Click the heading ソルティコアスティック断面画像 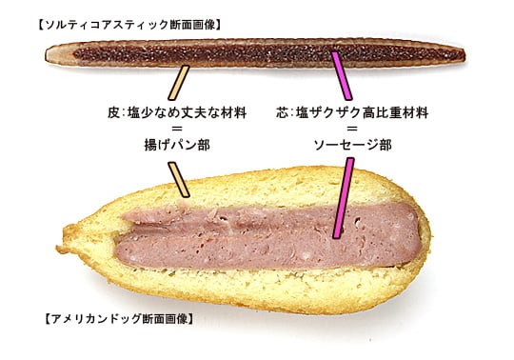coord(129,25)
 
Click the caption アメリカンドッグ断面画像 coord(119,319)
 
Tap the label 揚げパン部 coord(177,145)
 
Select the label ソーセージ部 coord(353,145)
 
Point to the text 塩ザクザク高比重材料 coord(363,112)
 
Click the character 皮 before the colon coord(113,112)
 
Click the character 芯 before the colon coord(282,112)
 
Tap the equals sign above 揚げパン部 coord(177,129)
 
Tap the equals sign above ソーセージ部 coord(352,129)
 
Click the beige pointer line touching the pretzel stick coord(179,83)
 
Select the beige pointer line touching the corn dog coord(179,180)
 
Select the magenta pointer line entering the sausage coord(344,198)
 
